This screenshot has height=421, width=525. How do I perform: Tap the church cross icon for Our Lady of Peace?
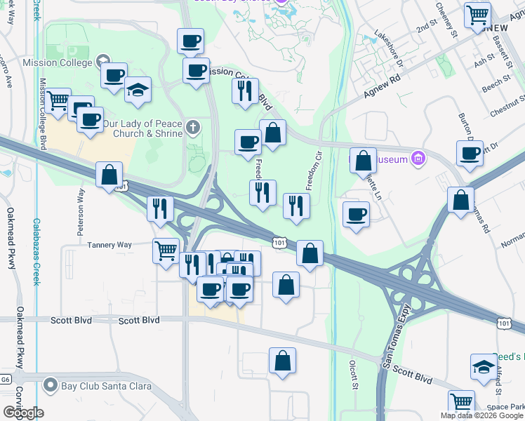[x=194, y=128]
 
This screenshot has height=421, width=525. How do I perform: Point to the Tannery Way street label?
[x=109, y=245]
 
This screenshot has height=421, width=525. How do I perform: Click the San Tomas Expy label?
[x=397, y=334]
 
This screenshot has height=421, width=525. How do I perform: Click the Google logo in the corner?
[x=24, y=413]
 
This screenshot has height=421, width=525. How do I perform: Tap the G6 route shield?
[x=6, y=379]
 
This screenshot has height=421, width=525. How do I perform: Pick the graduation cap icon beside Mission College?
[x=138, y=89]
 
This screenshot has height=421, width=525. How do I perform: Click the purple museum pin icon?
[x=418, y=158]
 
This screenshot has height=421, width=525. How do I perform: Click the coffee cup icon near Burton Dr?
[x=469, y=152]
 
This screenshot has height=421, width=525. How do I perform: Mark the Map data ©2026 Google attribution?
[x=482, y=415]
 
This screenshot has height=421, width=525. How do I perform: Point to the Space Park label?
[x=507, y=407]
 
